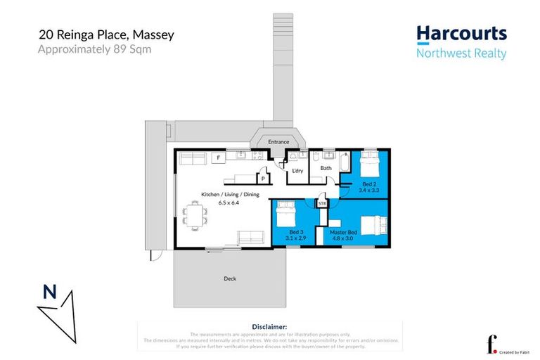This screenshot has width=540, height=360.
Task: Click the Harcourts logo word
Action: pyautogui.click(x=461, y=34)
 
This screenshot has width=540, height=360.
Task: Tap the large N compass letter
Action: pyautogui.click(x=49, y=290)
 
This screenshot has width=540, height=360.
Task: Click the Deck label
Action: pyautogui.click(x=230, y=278)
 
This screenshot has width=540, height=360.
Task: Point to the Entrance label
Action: pyautogui.click(x=278, y=142)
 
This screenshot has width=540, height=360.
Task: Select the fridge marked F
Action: pyautogui.click(x=219, y=158)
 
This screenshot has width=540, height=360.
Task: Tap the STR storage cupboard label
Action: pyautogui.click(x=323, y=204)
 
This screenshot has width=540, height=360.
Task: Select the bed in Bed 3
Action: pyautogui.click(x=286, y=211)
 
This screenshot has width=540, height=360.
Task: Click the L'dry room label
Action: pyautogui.click(x=298, y=170)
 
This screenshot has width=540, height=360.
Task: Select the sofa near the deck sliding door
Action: pyautogui.click(x=250, y=237)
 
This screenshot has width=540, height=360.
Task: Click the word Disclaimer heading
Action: pyautogui.click(x=269, y=327)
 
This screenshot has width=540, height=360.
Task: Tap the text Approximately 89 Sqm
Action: pyautogui.click(x=94, y=49)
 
